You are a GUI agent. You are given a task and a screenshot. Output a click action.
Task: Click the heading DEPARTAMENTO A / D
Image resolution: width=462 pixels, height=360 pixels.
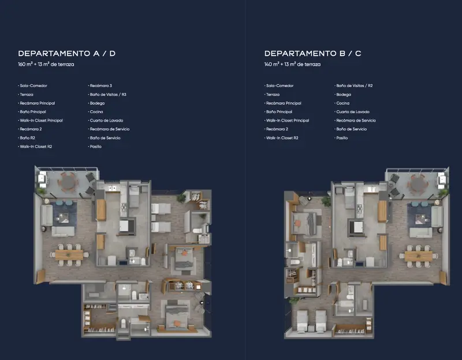point(66,53)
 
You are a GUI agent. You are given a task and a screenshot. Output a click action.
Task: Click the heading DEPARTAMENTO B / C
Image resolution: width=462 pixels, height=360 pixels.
point(312,53)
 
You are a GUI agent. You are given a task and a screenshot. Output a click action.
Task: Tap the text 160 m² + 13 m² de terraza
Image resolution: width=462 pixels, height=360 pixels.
point(46,64)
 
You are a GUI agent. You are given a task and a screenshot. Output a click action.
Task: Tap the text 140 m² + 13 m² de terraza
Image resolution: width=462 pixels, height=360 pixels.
point(292,64)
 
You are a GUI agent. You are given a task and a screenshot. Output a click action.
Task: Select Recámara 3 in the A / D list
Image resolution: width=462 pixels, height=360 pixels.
point(100,85)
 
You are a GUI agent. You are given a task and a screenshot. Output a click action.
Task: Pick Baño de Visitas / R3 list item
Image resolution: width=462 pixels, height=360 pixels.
point(108,95)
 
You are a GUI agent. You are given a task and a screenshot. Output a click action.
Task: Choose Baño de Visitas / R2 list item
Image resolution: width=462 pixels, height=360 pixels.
point(355,85)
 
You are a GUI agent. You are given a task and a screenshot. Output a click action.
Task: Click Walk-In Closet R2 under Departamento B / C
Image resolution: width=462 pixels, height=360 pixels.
point(282,138)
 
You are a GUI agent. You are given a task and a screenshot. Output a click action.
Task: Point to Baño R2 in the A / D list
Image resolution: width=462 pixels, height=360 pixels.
point(27,138)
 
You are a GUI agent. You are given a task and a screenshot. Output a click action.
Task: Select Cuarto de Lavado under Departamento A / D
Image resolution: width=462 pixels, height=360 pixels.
point(106,121)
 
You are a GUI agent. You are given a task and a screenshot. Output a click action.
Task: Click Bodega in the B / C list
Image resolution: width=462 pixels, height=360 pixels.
point(344,95)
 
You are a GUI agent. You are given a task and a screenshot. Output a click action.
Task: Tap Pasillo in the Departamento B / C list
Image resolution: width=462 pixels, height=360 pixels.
point(342,138)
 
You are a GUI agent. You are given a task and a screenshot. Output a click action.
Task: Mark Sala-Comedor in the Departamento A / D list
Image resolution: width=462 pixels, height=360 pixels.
point(33,85)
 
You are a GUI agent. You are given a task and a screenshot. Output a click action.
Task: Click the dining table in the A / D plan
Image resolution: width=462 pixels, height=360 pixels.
point(69,255)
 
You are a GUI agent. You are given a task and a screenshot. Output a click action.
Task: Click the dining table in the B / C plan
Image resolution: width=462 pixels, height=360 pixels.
point(418,256)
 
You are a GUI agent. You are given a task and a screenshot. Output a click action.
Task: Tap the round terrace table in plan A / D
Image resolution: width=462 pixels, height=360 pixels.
point(68,182)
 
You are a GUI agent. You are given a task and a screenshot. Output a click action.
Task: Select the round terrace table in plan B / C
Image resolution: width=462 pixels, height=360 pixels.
point(418,184)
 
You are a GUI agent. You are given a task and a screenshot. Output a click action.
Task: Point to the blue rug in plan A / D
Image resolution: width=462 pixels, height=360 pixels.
point(65,213)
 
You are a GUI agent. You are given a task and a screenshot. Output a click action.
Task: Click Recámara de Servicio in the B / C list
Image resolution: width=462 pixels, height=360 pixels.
point(356,121)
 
